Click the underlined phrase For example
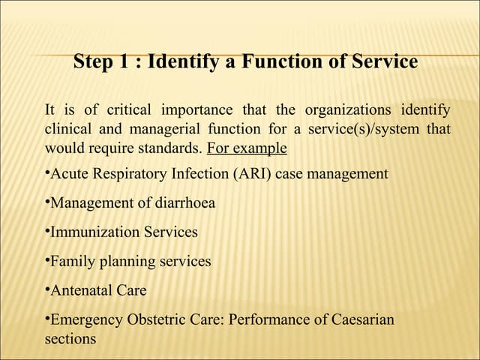pos(247,147)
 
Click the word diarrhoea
pos(179,203)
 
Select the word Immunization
pos(94,232)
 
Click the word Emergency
pos(87,319)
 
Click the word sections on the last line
pos(70,338)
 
